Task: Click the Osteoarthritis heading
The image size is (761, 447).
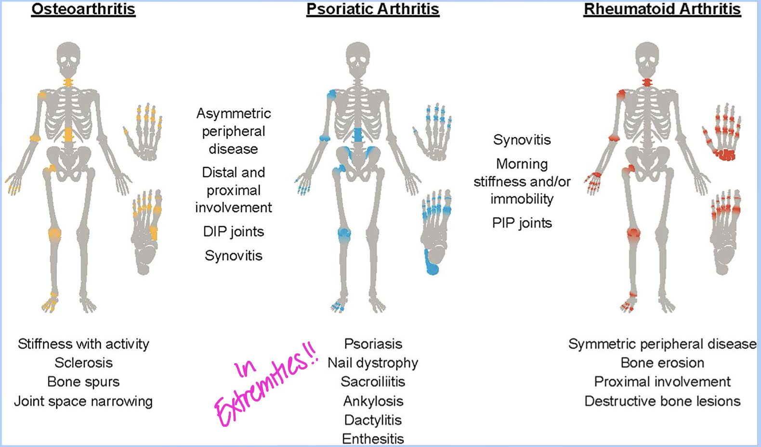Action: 83,9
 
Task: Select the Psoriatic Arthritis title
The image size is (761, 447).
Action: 373,9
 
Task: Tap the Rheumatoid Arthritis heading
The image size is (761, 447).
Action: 662,9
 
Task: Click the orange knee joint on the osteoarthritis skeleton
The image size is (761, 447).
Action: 54,235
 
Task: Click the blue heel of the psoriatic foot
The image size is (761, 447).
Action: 432,264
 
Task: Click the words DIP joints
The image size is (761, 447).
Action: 234,232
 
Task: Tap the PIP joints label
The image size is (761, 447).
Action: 522,223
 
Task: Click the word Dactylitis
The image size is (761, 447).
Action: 373,420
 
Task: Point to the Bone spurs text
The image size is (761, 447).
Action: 83,382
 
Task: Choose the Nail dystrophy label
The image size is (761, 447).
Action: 373,363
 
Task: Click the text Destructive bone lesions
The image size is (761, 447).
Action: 662,401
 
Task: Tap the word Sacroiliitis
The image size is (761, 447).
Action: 373,382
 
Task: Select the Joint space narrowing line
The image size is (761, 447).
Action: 83,401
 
